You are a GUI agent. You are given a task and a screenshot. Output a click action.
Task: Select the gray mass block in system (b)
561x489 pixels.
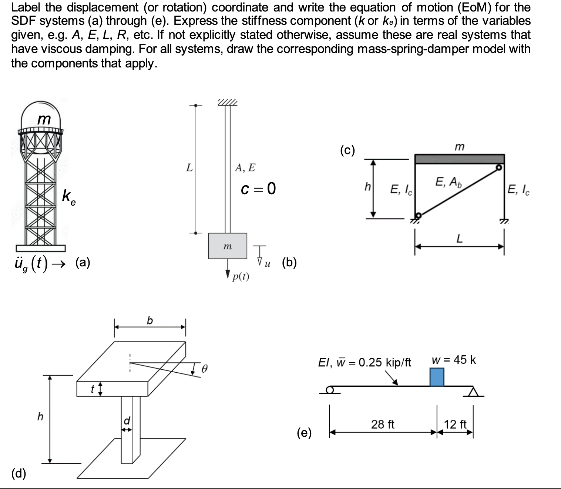[228, 246]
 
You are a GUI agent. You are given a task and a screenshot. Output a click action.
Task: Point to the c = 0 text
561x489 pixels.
[258, 189]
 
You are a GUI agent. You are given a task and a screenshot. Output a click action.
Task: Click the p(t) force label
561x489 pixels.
[241, 276]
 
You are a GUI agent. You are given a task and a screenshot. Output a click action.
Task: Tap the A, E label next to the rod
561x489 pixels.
[245, 168]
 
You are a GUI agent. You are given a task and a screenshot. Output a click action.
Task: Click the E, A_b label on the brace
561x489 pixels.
[448, 182]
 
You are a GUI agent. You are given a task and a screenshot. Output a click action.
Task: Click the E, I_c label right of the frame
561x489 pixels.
[518, 190]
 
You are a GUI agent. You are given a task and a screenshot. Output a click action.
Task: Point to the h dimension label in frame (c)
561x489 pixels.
[367, 186]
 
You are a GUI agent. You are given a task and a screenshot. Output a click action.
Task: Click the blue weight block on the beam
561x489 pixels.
[437, 377]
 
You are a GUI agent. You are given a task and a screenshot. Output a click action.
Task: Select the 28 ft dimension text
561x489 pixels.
[383, 424]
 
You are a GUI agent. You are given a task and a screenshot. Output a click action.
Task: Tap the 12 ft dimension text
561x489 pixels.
[455, 424]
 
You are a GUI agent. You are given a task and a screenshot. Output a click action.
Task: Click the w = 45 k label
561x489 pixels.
[454, 360]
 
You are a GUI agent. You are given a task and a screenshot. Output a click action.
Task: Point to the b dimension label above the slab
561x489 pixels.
[150, 320]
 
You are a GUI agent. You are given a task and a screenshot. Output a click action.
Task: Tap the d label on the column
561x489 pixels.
[127, 421]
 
